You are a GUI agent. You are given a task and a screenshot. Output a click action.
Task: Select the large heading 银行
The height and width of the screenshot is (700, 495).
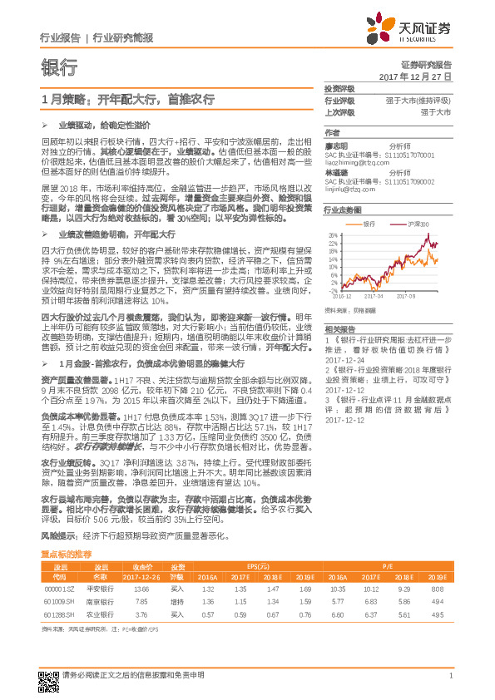[59, 67]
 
